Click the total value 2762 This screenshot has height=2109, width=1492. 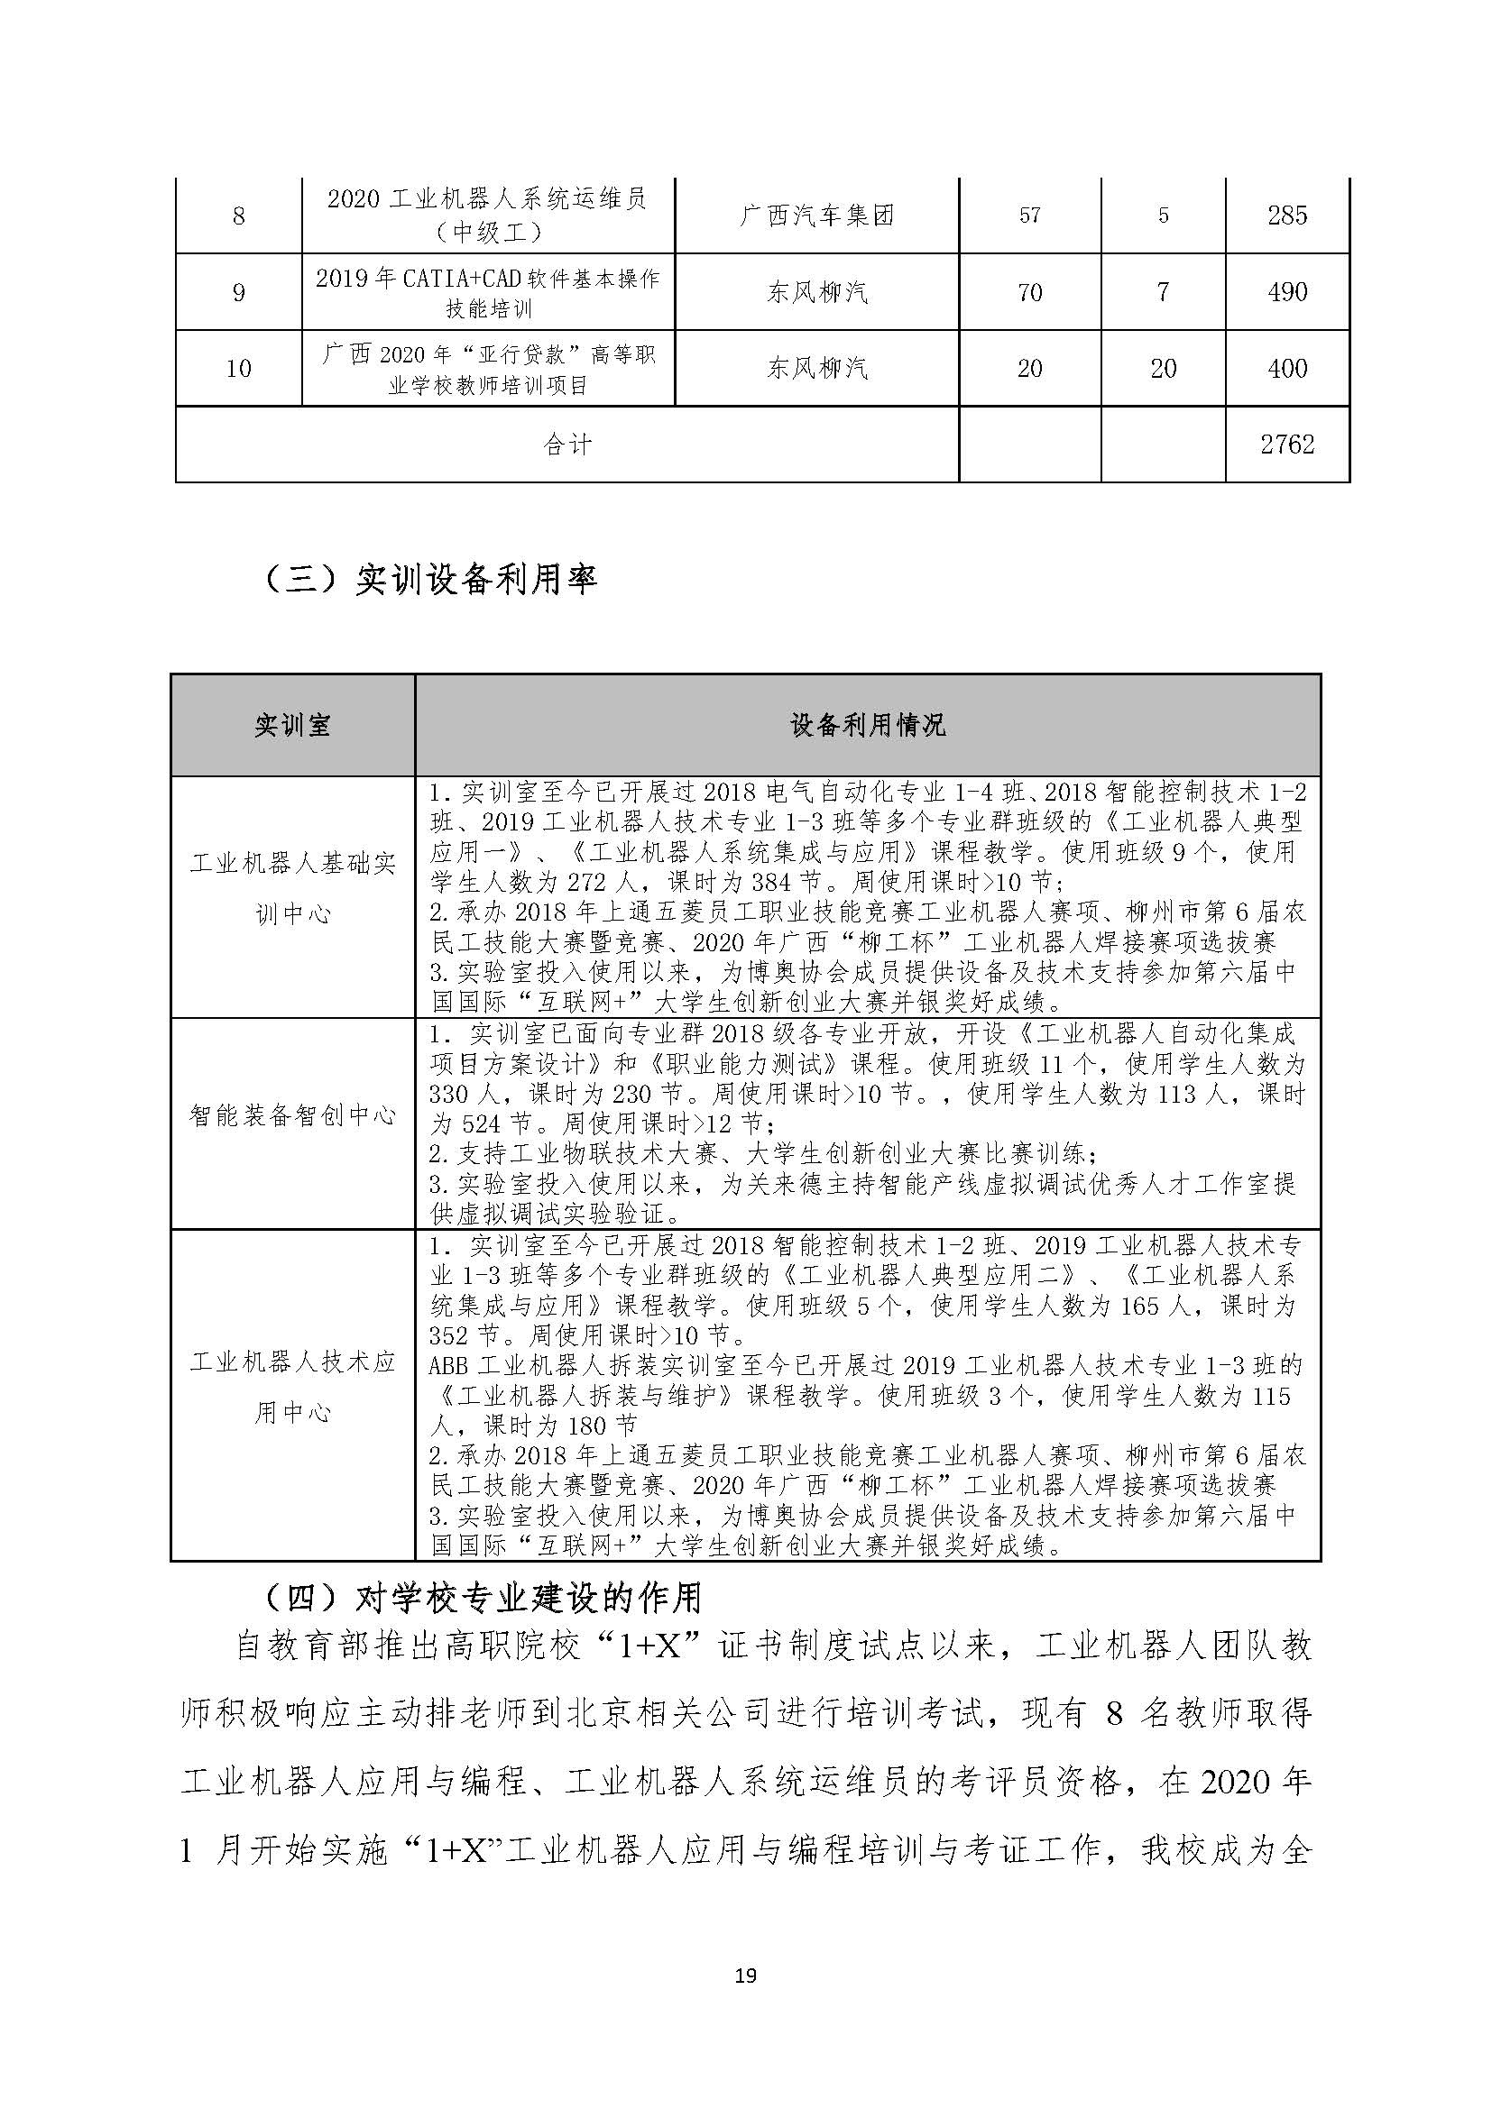tap(1287, 445)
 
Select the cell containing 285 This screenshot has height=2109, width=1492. tap(1287, 215)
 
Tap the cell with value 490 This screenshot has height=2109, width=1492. tap(1287, 292)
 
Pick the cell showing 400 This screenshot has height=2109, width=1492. tap(1287, 369)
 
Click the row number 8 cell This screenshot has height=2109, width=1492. tap(239, 215)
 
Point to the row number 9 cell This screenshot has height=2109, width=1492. tap(239, 292)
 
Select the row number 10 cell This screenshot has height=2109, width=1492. tap(239, 369)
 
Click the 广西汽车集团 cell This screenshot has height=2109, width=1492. tap(816, 215)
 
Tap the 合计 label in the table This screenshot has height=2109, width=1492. tap(566, 445)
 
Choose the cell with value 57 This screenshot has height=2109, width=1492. tap(1030, 215)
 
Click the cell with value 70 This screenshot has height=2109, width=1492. tap(1030, 292)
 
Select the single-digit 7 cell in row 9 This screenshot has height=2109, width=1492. tap(1163, 292)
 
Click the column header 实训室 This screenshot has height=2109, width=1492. tap(292, 726)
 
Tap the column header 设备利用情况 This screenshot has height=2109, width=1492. tap(867, 726)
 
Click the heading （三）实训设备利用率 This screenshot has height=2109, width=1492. tap(430, 580)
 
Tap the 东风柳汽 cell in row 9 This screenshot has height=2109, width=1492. tap(816, 292)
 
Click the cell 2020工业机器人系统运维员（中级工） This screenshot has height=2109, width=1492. tap(488, 215)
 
